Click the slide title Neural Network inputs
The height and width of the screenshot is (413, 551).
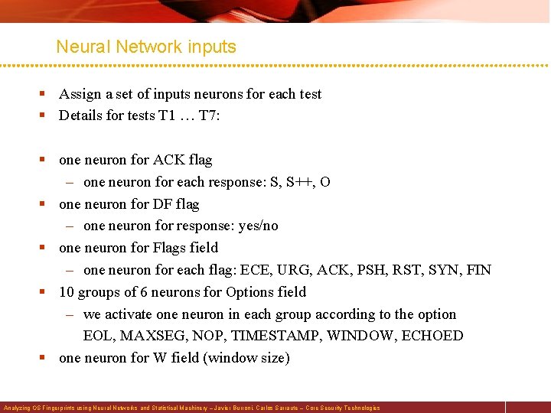[146, 47]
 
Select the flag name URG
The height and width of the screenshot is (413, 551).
[287, 270]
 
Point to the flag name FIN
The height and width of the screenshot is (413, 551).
[478, 270]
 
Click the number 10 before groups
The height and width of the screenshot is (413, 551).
[67, 292]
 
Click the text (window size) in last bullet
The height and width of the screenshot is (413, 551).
[246, 358]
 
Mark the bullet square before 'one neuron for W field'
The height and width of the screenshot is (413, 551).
[44, 358]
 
